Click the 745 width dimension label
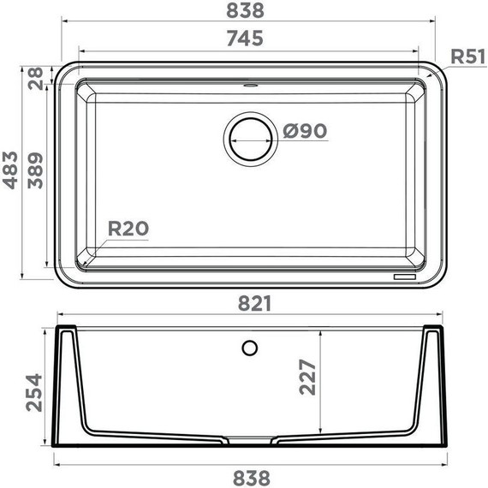tap(245, 39)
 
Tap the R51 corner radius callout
tap(467, 57)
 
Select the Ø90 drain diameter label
tap(305, 131)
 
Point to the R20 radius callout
tap(128, 229)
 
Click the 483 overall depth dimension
tap(10, 170)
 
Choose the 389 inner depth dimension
tap(35, 170)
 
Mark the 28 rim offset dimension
tap(35, 79)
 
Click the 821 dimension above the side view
tap(254, 303)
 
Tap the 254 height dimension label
tap(33, 393)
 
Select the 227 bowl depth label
tap(307, 378)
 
